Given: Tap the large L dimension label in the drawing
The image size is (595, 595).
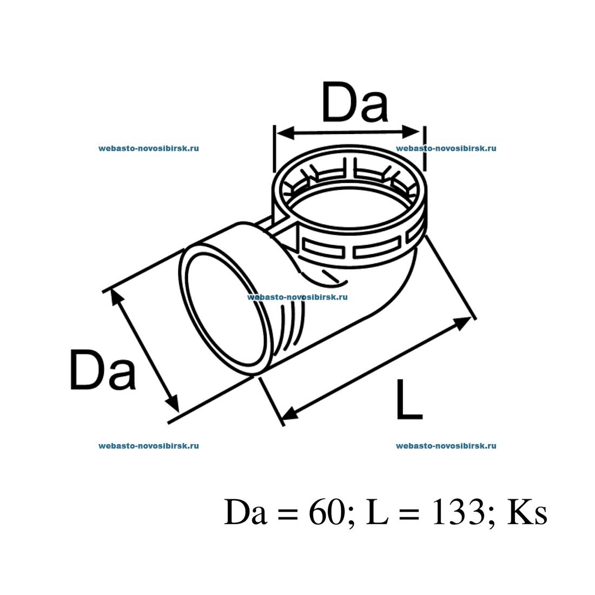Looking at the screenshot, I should (x=408, y=400).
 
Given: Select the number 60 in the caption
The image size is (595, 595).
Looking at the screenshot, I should (x=326, y=512).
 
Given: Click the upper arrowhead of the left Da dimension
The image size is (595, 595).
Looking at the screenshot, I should (x=115, y=297).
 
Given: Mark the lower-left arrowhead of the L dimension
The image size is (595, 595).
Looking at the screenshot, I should (x=290, y=414).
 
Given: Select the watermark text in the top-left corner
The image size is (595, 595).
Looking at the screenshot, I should (x=149, y=148).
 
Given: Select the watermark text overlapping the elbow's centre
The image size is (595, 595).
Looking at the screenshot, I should (x=297, y=297).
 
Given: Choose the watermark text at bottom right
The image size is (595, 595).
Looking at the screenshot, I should (x=446, y=446).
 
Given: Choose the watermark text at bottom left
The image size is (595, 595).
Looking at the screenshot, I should (x=149, y=446).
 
